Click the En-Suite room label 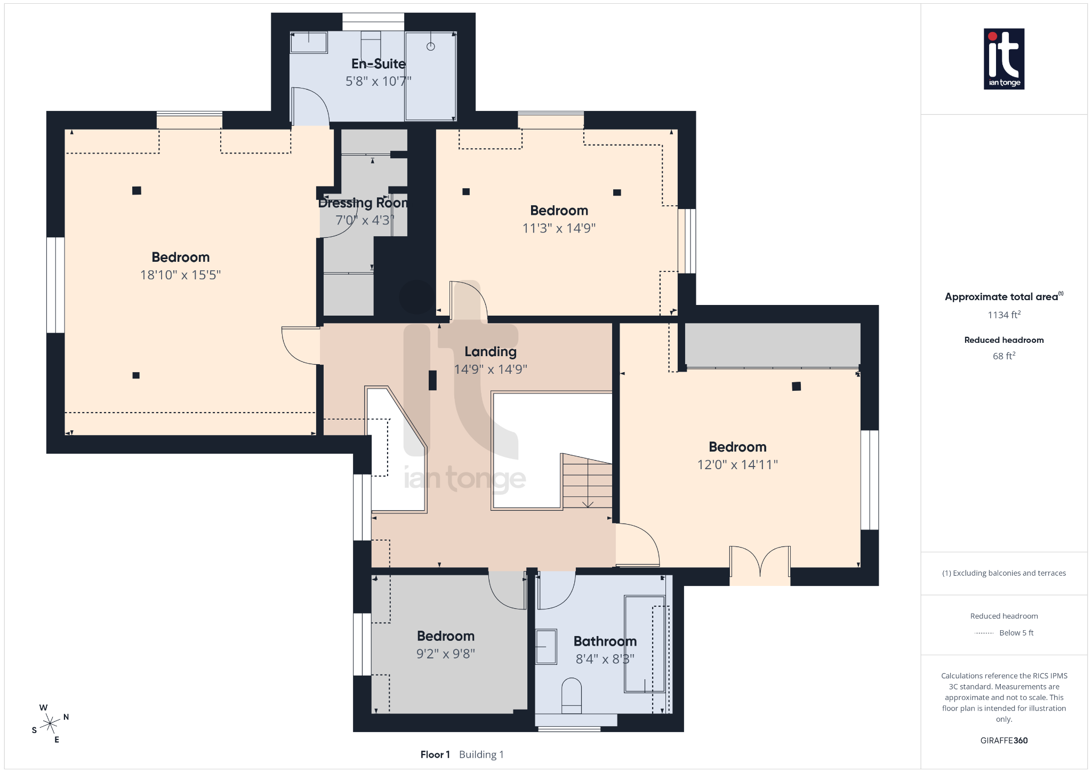[x=378, y=64]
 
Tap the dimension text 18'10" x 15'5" [x=180, y=275]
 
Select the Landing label [x=490, y=352]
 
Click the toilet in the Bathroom [x=571, y=695]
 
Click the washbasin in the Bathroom [x=546, y=647]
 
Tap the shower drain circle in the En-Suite [x=430, y=46]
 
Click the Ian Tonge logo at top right [x=1003, y=59]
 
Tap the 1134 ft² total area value [x=1003, y=315]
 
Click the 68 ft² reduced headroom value [x=1003, y=356]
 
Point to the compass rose [x=50, y=723]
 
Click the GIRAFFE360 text [x=1003, y=741]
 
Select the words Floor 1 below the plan [x=435, y=754]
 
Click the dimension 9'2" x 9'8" [x=445, y=654]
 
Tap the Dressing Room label [x=363, y=203]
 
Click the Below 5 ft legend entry [x=1016, y=633]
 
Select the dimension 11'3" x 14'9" [x=559, y=228]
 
